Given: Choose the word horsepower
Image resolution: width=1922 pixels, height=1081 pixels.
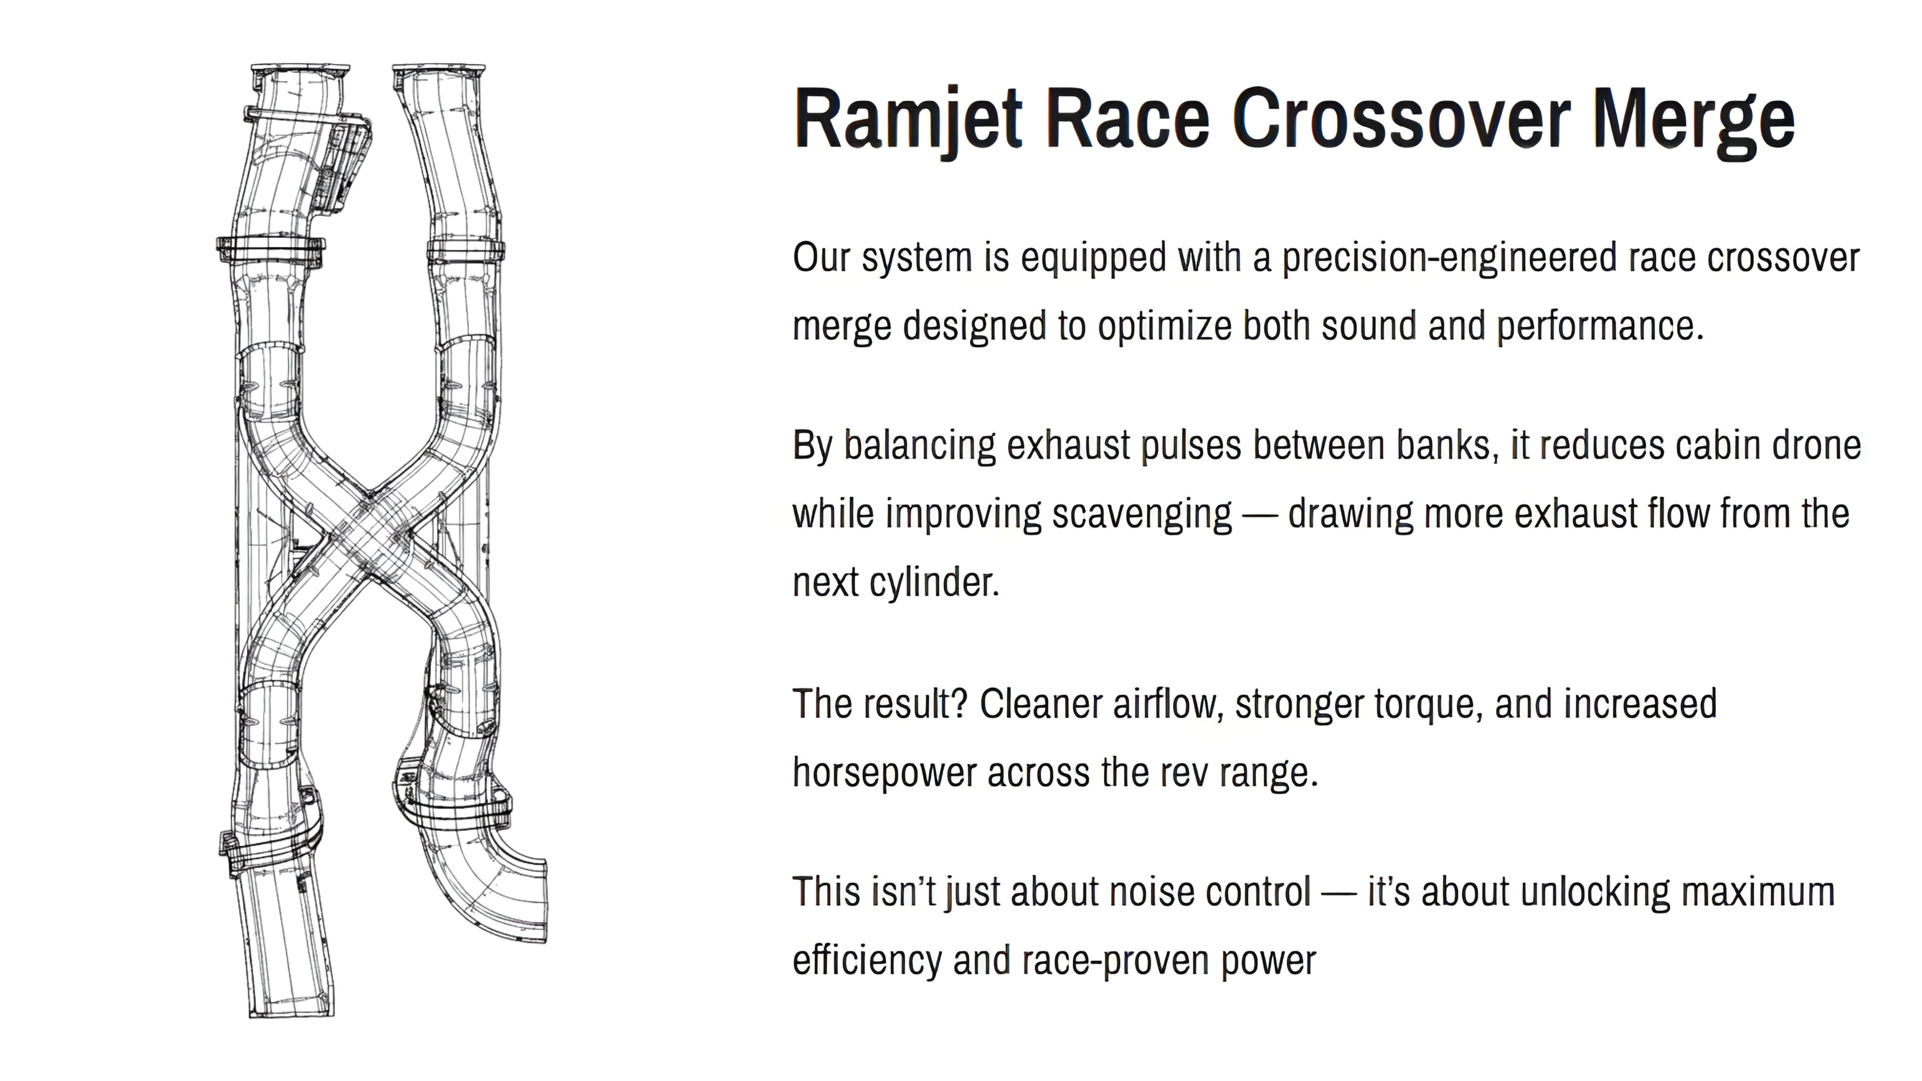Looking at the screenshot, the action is (884, 774).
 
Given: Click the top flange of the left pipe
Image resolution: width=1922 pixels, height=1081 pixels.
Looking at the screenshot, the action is (300, 71).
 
